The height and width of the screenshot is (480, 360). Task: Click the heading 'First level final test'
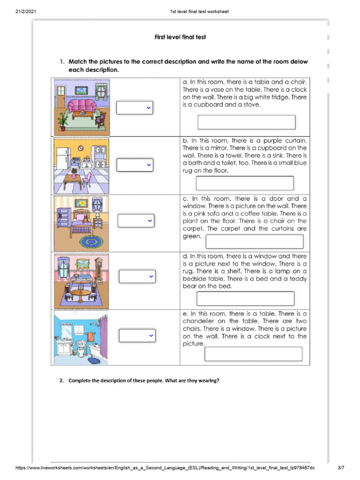coord(180,37)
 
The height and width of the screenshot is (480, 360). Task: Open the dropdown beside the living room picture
coord(135,108)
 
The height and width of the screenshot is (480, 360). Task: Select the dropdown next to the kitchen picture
coord(135,165)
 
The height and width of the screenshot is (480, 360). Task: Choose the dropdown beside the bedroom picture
coord(136,220)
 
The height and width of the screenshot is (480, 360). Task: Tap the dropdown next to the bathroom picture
coord(136,336)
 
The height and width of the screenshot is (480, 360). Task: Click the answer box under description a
coord(247,122)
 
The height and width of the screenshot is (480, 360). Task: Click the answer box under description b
coord(245,183)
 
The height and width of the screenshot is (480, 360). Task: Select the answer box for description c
coord(255,241)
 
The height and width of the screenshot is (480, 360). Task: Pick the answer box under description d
coord(246,299)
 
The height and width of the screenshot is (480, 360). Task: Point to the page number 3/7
coord(341,468)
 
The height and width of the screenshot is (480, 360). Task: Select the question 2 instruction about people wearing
coord(139,381)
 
